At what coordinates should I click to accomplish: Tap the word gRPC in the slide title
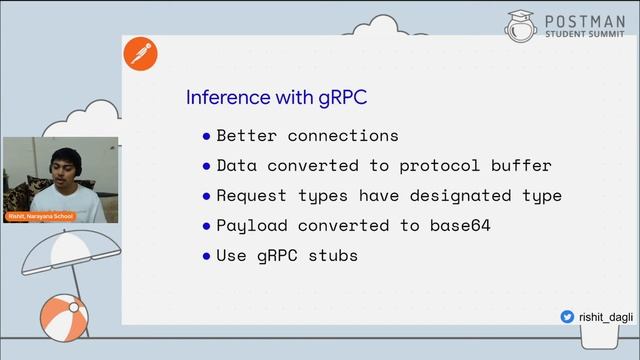click(342, 98)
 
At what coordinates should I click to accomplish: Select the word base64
click(456, 225)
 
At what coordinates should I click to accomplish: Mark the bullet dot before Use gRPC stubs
click(207, 255)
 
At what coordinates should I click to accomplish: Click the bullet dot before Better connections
click(207, 135)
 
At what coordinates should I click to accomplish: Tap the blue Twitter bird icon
click(567, 316)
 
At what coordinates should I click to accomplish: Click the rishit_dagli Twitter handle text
click(603, 316)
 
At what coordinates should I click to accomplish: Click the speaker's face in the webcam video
click(59, 170)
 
